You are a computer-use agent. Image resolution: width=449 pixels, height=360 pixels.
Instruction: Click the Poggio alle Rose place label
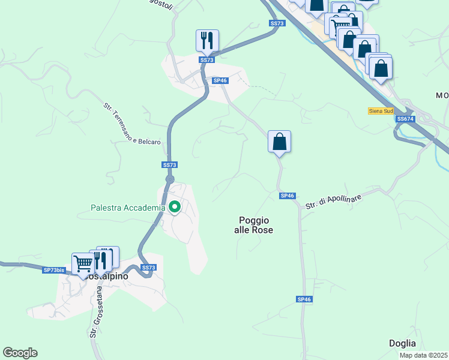pyautogui.click(x=253, y=225)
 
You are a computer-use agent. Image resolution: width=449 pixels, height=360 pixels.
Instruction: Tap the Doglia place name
pyautogui.click(x=402, y=343)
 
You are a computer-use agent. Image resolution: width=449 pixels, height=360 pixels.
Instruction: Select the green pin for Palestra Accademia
pyautogui.click(x=175, y=207)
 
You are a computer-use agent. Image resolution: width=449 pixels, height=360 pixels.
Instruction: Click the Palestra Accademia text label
pyautogui.click(x=127, y=208)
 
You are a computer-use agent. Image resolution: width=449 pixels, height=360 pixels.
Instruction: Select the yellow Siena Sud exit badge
pyautogui.click(x=381, y=111)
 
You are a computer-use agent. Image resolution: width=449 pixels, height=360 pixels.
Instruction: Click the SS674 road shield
pyautogui.click(x=405, y=119)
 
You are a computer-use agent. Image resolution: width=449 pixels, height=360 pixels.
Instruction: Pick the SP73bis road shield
pyautogui.click(x=53, y=270)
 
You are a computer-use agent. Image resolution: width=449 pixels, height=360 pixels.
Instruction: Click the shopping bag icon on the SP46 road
pyautogui.click(x=279, y=142)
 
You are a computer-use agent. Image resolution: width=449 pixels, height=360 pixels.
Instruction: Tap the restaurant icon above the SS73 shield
pyautogui.click(x=207, y=41)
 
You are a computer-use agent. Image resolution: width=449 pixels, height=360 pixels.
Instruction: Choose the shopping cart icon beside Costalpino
pyautogui.click(x=83, y=263)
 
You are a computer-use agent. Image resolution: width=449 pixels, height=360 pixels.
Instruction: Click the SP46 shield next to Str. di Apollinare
pyautogui.click(x=287, y=196)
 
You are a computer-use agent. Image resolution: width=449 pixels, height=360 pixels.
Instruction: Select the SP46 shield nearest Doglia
pyautogui.click(x=304, y=299)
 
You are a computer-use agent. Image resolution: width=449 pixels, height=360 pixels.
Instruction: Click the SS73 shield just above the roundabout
pyautogui.click(x=170, y=165)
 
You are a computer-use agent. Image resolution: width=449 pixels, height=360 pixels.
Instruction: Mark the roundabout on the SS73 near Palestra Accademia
pyautogui.click(x=170, y=179)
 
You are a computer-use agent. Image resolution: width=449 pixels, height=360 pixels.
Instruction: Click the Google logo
pyautogui.click(x=20, y=353)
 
